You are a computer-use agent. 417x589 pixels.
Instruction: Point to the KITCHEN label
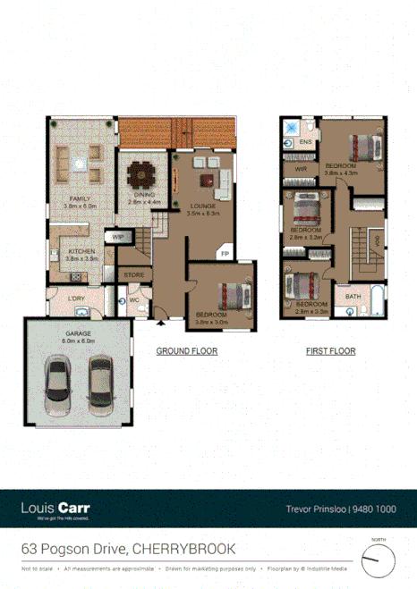coord(82,252)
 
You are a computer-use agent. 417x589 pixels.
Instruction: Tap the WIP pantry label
coord(117,237)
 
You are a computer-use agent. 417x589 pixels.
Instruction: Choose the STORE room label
coord(134,274)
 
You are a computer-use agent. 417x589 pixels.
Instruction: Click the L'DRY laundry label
coord(77,299)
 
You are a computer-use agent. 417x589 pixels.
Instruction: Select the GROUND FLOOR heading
coord(187,351)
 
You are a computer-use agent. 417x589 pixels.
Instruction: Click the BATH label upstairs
coord(353,296)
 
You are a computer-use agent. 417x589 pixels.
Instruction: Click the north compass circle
coord(378,561)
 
